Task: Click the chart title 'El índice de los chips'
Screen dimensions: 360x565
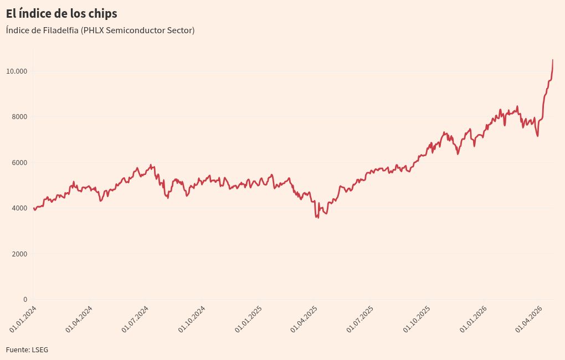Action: [x=61, y=13]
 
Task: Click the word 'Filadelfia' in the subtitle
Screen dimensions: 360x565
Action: [x=59, y=30]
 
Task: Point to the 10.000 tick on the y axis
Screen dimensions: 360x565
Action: [x=17, y=71]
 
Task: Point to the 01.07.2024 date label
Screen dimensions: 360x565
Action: [x=135, y=319]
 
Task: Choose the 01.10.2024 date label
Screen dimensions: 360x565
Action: [x=192, y=319]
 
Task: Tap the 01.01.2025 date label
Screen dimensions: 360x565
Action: [x=248, y=319]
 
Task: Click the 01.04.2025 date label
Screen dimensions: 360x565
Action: [x=304, y=319]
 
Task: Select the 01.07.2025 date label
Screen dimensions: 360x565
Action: [x=360, y=319]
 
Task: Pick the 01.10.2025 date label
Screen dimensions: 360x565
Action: [x=417, y=319]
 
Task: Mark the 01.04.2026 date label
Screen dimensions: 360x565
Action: [x=529, y=319]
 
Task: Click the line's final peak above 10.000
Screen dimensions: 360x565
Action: [x=553, y=60]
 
